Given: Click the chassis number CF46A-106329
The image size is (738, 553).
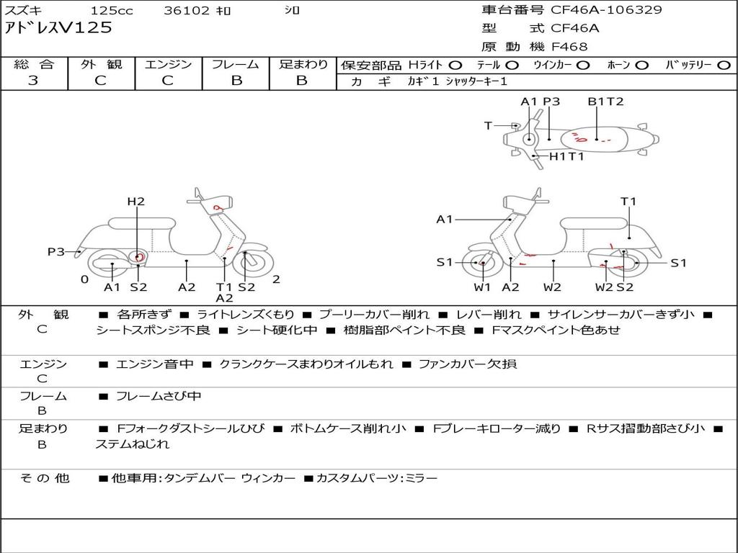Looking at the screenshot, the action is pos(606,10).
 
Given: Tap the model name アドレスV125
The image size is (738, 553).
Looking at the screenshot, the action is pos(58,28).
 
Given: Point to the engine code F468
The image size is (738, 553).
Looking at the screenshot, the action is pos(569,47).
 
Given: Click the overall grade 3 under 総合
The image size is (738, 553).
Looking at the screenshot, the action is pos(33,81).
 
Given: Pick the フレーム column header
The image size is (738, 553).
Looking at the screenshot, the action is pos(236,64).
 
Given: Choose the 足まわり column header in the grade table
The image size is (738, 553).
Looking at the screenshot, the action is pos(303,64).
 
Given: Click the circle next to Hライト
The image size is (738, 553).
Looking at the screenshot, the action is pos(455,66).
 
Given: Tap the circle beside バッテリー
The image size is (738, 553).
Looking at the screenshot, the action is pos(724,66).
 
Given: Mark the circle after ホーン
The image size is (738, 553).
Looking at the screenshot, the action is pos(642,66).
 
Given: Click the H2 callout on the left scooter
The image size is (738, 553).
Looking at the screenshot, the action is pos(136,202).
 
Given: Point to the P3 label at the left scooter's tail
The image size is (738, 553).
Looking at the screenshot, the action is pos(56,252).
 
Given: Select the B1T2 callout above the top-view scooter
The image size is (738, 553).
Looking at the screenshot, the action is pos(605,102).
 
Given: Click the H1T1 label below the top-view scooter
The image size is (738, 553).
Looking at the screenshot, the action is pos(566,156).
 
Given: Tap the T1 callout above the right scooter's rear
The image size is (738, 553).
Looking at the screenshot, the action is pos(628,202).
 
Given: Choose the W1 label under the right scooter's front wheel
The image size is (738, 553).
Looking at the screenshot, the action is pos(482,287).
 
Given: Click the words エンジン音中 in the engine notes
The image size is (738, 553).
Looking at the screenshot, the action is pos(155,364).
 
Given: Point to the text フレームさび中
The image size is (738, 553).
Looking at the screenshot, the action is pos(159,397).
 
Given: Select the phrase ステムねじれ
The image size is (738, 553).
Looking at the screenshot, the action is pos(133,444).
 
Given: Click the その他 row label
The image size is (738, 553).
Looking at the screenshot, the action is pos(45,478).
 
